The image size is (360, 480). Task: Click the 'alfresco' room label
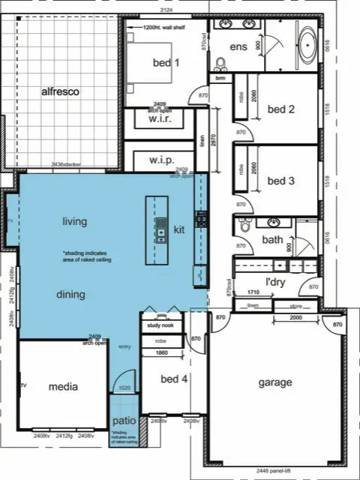pos(60,91)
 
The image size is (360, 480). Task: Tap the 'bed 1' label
pos(166,63)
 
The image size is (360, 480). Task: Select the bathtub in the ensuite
pos(308,44)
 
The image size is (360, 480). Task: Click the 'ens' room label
pos(238,46)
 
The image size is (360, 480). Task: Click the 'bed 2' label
pos(281,109)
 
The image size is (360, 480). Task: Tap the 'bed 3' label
pos(281,181)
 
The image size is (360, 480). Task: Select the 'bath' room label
pos(271,240)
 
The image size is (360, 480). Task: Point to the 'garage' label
pos(275,382)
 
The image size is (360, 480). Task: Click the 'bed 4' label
pos(174,379)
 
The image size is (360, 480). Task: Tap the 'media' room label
pos(63,387)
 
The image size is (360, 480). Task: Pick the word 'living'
pos(74,221)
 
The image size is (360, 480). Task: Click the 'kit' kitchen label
pos(179,229)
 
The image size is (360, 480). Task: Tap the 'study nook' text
pos(160,325)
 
